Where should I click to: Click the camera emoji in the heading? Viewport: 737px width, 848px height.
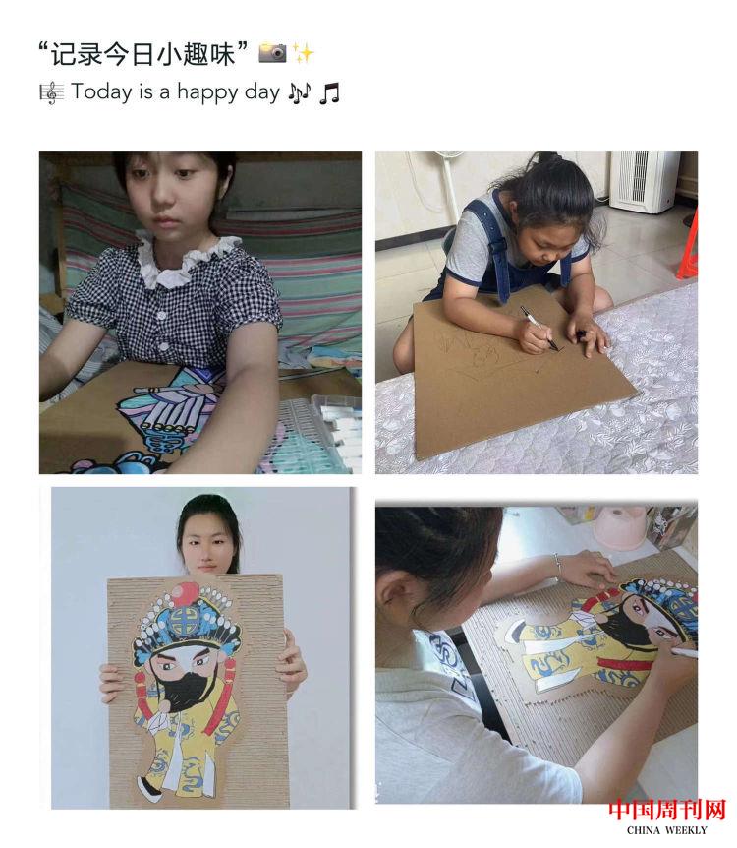click(272, 52)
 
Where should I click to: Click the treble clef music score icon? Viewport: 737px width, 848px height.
click(52, 92)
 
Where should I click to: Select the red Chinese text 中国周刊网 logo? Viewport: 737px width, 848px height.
click(666, 811)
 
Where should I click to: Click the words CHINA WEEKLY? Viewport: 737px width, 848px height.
click(666, 830)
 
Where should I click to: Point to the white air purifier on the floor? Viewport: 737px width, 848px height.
click(644, 182)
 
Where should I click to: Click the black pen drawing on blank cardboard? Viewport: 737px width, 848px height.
click(539, 329)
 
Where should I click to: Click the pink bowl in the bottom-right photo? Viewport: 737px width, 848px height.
click(620, 527)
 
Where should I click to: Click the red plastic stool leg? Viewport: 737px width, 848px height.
click(687, 250)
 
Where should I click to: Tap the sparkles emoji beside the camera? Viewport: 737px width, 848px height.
click(303, 53)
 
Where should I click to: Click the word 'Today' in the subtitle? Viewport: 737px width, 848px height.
click(101, 91)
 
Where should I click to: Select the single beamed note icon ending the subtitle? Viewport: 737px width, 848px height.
click(329, 93)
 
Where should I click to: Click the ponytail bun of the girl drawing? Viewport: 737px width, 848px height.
click(546, 158)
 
